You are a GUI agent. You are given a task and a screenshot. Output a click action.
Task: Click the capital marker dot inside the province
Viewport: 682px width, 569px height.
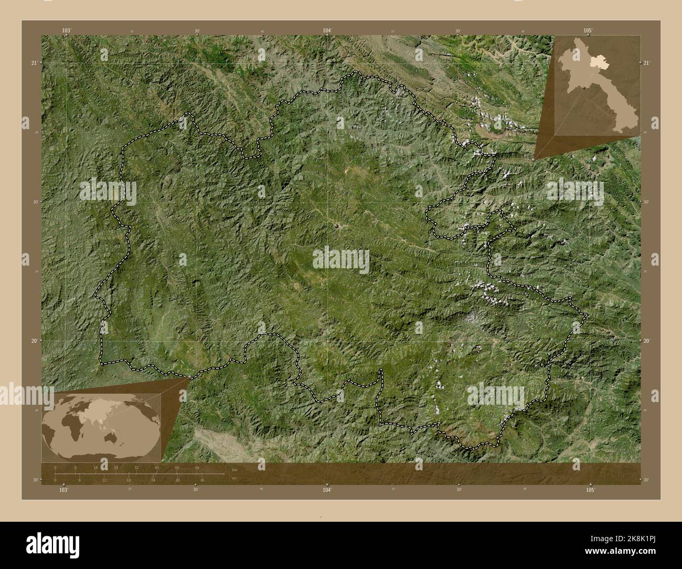(x=336, y=226)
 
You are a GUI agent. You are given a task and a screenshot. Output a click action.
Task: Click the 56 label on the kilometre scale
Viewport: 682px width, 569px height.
(x=197, y=467)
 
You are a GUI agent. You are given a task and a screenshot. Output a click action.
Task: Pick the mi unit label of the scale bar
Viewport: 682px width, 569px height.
(x=233, y=478)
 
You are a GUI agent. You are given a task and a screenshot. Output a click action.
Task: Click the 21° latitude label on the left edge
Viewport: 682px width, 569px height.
(x=34, y=63)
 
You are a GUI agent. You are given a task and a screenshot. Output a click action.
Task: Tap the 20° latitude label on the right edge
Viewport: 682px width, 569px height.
(x=646, y=341)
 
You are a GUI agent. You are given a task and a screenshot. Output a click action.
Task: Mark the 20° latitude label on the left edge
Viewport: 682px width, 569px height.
(x=34, y=341)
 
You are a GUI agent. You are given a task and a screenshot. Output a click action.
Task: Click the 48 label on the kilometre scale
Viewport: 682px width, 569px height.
(x=177, y=467)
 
